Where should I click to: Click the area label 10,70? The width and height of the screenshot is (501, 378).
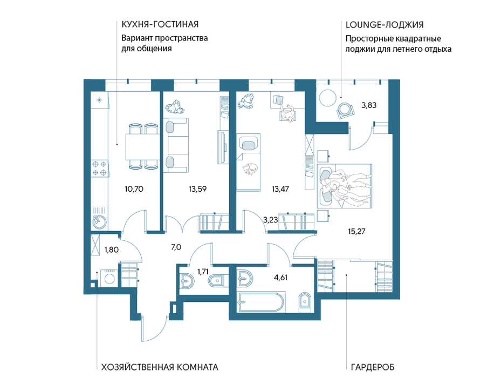tap(134, 189)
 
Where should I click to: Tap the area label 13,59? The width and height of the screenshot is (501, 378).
tap(197, 189)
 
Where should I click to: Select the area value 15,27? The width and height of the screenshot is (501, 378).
tap(356, 231)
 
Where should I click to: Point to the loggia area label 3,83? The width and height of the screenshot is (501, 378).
tap(369, 105)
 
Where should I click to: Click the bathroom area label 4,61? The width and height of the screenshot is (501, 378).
tap(280, 278)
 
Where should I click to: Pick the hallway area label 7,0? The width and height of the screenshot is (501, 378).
tap(176, 247)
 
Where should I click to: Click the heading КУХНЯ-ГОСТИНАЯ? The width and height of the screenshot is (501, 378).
tap(160, 24)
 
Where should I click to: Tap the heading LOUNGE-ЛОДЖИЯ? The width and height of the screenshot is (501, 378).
tap(385, 25)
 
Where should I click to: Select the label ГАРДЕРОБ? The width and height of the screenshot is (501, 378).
tap(373, 367)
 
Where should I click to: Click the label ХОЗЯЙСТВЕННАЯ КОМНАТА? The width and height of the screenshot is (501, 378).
tap(160, 367)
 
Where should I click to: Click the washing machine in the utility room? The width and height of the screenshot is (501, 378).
tap(109, 278)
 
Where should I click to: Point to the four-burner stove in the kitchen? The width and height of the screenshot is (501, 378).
tap(99, 168)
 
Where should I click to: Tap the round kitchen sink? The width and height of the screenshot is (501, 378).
tap(99, 221)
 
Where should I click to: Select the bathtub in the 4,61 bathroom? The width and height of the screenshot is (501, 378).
tap(260, 301)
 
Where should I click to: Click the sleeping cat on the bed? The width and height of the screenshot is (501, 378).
tap(250, 170)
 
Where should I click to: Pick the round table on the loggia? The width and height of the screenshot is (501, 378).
tap(328, 97)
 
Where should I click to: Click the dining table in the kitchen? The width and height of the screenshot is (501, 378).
tap(142, 146)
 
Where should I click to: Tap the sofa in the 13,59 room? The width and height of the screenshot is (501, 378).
tap(176, 145)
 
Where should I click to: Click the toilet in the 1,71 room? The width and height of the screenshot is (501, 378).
tap(217, 281)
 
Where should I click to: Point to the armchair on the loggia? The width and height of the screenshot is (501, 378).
tap(346, 110)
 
